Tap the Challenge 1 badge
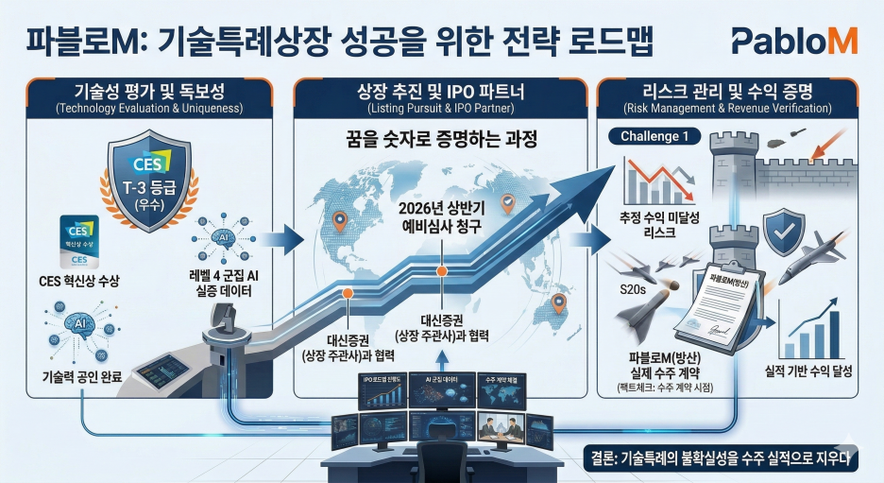click(661, 136)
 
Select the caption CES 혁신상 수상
click(79, 281)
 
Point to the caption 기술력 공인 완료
click(76, 377)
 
